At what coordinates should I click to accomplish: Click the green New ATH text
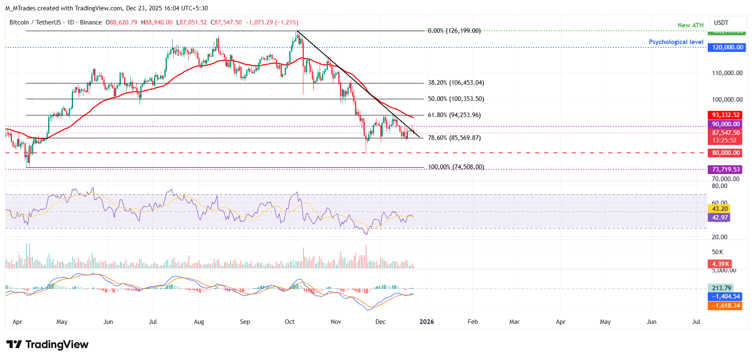690,25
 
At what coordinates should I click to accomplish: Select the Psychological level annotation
676,42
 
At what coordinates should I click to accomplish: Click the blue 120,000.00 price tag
727,47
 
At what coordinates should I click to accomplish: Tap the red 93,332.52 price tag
726,115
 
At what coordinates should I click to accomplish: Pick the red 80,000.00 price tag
726,153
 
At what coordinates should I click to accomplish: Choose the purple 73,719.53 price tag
726,169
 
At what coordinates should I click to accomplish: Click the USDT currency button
721,23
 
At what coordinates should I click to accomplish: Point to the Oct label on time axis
289,322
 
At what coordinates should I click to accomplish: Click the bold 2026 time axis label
427,322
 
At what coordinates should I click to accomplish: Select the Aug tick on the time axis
199,322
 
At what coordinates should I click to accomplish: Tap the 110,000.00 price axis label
727,73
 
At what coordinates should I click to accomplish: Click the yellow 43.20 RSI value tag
719,209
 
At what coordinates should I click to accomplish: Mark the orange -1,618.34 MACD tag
726,306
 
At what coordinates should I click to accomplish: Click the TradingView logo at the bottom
47,345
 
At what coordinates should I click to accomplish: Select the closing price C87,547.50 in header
226,22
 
